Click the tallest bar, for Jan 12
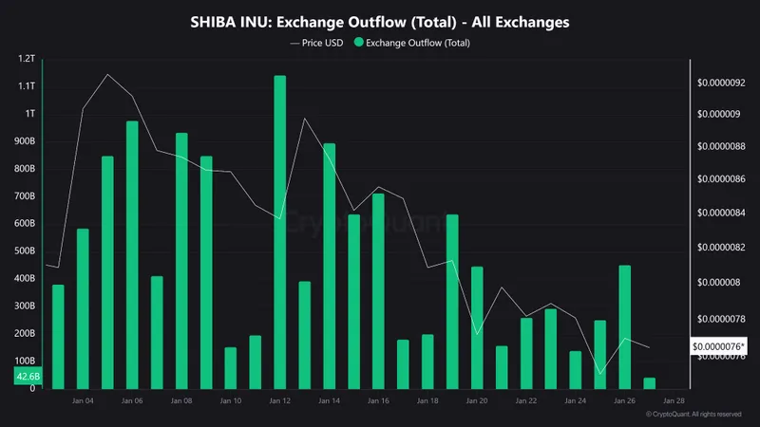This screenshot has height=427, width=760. tap(279, 232)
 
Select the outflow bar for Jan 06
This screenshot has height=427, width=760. tap(132, 255)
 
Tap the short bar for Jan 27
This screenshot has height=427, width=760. tap(650, 383)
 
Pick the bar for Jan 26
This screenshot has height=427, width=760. tap(625, 327)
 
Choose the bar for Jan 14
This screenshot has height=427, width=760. tap(329, 267)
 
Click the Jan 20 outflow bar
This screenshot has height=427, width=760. tap(477, 328)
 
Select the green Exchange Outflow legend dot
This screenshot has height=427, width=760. tap(357, 43)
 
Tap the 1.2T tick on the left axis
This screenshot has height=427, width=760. tap(26, 59)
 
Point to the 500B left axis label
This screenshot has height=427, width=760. tap(26, 251)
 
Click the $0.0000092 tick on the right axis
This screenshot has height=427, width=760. tap(721, 83)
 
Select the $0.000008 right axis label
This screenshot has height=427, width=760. tap(718, 283)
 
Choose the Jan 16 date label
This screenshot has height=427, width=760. tap(378, 401)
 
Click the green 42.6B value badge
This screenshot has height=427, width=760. tap(28, 377)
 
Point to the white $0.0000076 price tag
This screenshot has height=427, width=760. tap(719, 346)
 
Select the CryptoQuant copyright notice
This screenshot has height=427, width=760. tap(693, 415)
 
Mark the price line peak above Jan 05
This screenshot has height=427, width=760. tap(107, 74)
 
